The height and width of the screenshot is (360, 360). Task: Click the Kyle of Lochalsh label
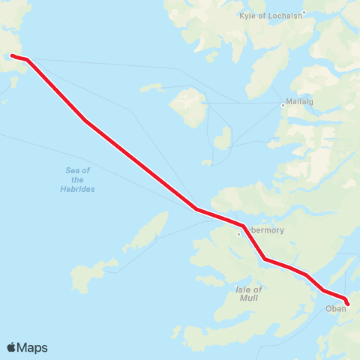click(271, 15)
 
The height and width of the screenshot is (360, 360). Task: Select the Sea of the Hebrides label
click(77, 179)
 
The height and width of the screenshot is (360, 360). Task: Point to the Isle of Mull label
click(249, 294)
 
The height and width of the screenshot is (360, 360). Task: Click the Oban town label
click(335, 308)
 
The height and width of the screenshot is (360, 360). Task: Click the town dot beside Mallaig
click(282, 106)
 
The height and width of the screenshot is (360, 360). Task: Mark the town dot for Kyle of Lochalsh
click(304, 13)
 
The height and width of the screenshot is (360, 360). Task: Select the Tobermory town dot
click(239, 234)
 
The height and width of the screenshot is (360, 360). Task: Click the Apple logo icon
click(12, 347)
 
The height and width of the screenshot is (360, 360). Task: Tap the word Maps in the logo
click(32, 347)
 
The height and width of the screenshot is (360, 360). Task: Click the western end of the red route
click(11, 55)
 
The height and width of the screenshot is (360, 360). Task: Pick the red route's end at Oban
click(347, 304)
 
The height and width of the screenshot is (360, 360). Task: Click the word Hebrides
click(77, 189)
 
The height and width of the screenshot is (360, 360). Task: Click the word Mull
click(250, 298)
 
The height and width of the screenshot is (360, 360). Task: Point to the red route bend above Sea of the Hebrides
click(85, 120)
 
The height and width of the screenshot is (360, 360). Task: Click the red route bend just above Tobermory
click(244, 226)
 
